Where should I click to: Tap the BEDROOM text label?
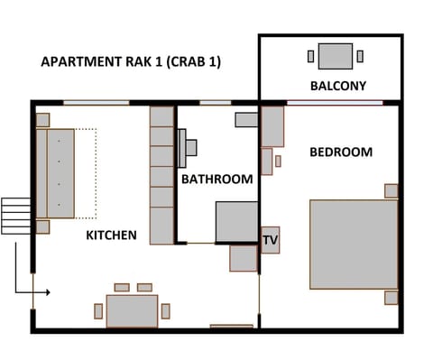341,152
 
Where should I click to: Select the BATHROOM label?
216,180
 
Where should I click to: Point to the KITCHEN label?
111,235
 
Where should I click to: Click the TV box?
270,240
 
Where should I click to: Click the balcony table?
335,56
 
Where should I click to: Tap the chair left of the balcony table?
311,56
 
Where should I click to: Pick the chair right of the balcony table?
360,56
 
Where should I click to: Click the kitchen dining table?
132,310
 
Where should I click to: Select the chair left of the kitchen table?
98,310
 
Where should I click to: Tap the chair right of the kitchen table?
165,310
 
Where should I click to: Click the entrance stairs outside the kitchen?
15,216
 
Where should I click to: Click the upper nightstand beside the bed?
391,190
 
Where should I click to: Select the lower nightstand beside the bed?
391,297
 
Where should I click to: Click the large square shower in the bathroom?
236,221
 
